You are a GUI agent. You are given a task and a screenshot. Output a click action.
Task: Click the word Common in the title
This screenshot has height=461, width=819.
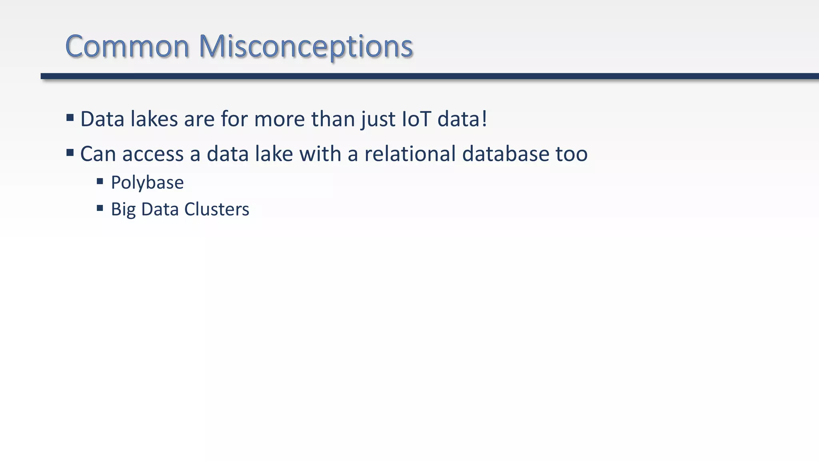[x=127, y=46]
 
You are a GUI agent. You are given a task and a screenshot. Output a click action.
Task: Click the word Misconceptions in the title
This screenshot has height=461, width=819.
[x=306, y=46]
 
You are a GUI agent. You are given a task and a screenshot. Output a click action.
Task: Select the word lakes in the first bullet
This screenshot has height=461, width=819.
[x=154, y=119]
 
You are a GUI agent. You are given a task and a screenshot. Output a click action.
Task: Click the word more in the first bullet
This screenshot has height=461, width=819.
[x=280, y=119]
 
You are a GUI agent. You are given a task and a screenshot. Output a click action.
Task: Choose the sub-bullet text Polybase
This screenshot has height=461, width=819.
[x=147, y=183]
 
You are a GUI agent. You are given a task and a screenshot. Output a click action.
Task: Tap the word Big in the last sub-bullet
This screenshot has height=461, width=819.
[x=123, y=210]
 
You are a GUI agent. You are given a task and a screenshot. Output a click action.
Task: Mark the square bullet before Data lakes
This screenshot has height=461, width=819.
[x=70, y=118]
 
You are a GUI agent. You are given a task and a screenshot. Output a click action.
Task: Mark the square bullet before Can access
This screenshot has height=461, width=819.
[x=70, y=152]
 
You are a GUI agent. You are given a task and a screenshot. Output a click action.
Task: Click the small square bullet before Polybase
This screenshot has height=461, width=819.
[x=100, y=181]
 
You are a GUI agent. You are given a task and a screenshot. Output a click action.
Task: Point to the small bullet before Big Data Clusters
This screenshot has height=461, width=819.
[x=100, y=208]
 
